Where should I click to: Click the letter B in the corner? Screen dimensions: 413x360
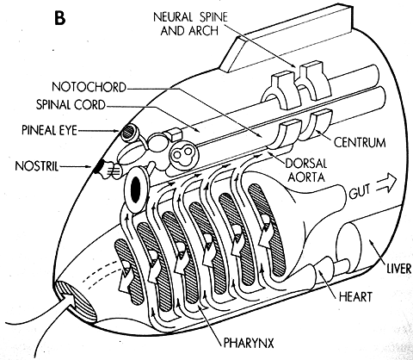pos(60,17)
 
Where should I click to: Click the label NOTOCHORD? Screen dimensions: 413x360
pos(89,87)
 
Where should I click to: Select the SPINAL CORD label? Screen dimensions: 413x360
pos(71,105)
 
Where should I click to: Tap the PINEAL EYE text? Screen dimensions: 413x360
pos(49,130)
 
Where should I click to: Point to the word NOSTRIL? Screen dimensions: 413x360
pos(36,166)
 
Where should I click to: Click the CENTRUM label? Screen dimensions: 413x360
pos(360,143)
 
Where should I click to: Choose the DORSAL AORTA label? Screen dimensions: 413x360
pos(306,171)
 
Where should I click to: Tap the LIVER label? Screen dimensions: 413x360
pos(399,269)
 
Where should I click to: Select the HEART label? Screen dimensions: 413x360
pos(355,296)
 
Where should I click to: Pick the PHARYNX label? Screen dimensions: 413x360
pos(249,343)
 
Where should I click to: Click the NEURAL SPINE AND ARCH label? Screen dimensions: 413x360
pos(190,23)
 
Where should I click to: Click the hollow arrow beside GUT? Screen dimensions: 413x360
pos(386,183)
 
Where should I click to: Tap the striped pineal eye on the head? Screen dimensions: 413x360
pos(128,133)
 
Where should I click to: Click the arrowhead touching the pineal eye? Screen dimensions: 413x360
pos(116,131)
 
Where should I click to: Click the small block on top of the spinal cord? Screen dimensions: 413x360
pos(173,133)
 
